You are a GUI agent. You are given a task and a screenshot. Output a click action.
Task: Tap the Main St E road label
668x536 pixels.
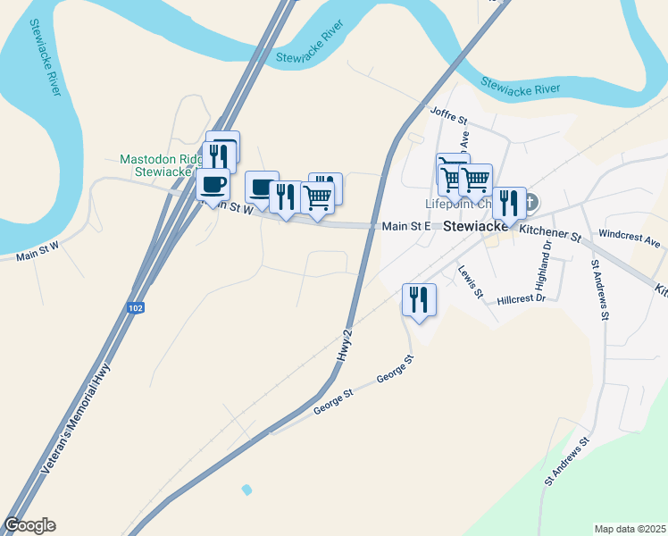(x=406, y=227)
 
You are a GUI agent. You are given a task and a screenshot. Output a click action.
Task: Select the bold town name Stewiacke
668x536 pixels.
(x=476, y=226)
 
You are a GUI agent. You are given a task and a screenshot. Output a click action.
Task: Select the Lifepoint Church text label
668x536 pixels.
(x=459, y=204)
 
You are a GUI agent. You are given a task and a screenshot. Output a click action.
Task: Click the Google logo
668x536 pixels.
(x=29, y=525)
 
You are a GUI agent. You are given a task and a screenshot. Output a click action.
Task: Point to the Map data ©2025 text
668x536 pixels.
(x=629, y=528)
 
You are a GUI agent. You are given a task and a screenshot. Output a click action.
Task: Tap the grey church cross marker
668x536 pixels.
(x=530, y=202)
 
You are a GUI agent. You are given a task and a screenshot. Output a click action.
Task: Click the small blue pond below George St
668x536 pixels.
(x=246, y=490)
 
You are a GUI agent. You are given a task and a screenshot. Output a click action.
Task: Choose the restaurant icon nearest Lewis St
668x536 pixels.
(x=419, y=300)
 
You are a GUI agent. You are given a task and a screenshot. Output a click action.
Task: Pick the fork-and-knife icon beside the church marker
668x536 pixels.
(x=509, y=203)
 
